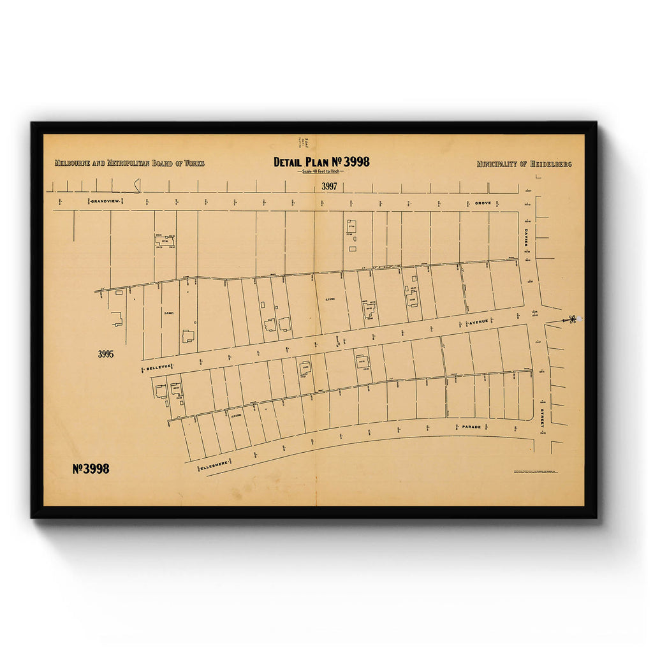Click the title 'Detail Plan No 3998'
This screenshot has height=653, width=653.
click(x=321, y=162)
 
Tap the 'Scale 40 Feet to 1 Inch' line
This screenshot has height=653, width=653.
click(x=321, y=172)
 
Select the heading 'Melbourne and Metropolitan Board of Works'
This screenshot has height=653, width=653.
click(x=129, y=164)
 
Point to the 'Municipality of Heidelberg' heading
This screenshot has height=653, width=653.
click(x=524, y=165)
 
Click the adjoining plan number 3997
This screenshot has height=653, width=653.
click(x=329, y=187)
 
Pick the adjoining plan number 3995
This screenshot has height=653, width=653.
click(x=106, y=355)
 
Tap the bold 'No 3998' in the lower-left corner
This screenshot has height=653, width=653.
click(x=91, y=469)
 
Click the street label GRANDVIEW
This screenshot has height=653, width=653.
click(x=105, y=202)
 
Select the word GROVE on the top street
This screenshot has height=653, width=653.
click(x=483, y=203)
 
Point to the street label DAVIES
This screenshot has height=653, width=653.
click(x=527, y=237)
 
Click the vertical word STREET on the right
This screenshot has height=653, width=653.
click(x=543, y=414)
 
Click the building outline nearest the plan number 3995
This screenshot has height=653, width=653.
click(x=117, y=319)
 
